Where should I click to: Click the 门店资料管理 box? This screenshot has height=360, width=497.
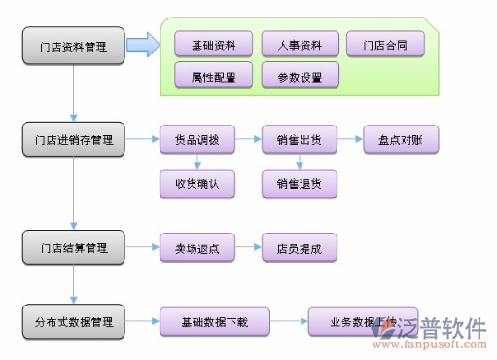[74, 46]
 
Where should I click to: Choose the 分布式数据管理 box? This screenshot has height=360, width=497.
[74, 321]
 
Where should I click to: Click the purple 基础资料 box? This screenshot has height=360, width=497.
[213, 45]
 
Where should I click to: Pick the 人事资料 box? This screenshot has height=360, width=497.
[300, 45]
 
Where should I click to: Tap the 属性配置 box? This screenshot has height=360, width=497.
[213, 76]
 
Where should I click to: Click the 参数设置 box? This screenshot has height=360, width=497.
[300, 76]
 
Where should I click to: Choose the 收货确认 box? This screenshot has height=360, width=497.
[197, 183]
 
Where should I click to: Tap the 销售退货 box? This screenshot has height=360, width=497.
[300, 183]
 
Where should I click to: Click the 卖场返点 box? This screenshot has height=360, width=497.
[197, 249]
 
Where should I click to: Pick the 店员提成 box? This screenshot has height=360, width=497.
[300, 249]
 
